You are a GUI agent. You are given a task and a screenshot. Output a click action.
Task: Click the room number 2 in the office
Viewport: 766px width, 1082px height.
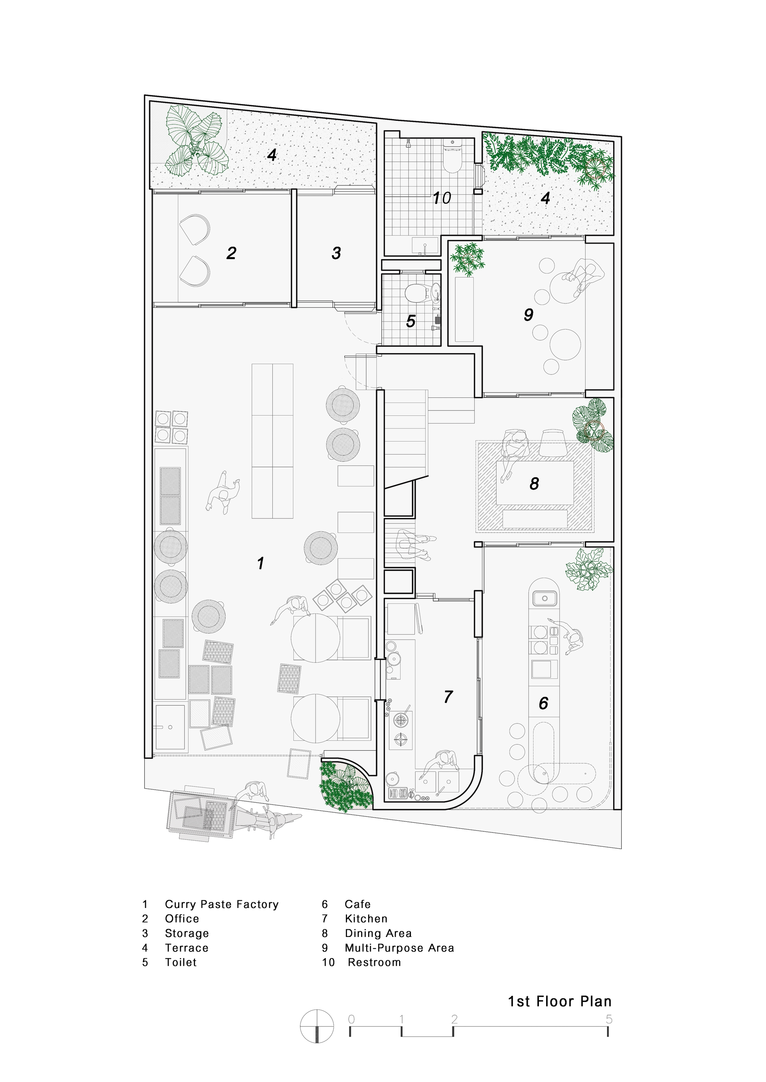[231, 254]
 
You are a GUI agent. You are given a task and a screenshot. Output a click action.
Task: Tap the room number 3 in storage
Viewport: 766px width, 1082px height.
[336, 254]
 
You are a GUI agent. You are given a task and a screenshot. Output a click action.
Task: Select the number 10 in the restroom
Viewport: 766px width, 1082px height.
[442, 199]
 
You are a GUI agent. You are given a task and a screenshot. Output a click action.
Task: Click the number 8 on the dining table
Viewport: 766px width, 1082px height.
[534, 484]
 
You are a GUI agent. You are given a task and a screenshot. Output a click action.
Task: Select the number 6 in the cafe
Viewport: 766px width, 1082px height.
[543, 704]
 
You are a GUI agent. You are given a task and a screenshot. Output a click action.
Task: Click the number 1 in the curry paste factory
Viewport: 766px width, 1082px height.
[260, 563]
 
